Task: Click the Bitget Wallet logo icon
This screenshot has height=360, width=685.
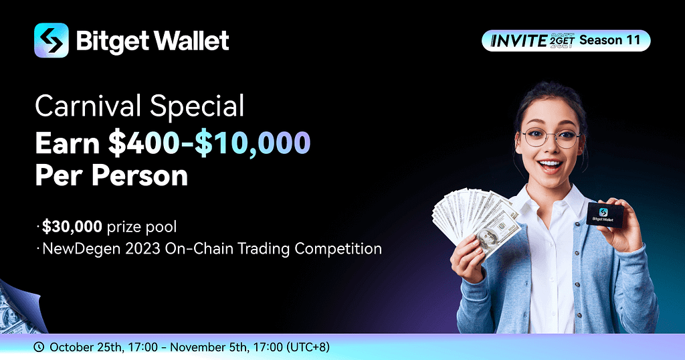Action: point(51,40)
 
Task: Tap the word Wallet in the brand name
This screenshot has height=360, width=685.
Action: point(191,41)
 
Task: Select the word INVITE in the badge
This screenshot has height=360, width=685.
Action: point(519,41)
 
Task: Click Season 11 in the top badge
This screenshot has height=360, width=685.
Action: point(609,40)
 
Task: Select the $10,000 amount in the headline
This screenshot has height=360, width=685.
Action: point(252,143)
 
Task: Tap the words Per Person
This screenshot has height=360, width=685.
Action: point(112,175)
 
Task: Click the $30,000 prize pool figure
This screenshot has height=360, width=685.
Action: point(72,227)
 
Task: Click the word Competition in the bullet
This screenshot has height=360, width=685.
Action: point(338,249)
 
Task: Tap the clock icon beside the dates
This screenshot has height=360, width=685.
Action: point(39,347)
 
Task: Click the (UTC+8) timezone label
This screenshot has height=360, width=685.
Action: point(308,347)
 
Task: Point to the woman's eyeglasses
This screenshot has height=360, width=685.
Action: point(551,138)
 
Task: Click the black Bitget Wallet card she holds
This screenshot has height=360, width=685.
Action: point(605,215)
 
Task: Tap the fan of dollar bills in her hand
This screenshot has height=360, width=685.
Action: point(476,221)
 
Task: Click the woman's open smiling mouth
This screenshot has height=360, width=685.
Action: point(551,165)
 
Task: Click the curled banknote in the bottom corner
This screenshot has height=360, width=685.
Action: point(19,308)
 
